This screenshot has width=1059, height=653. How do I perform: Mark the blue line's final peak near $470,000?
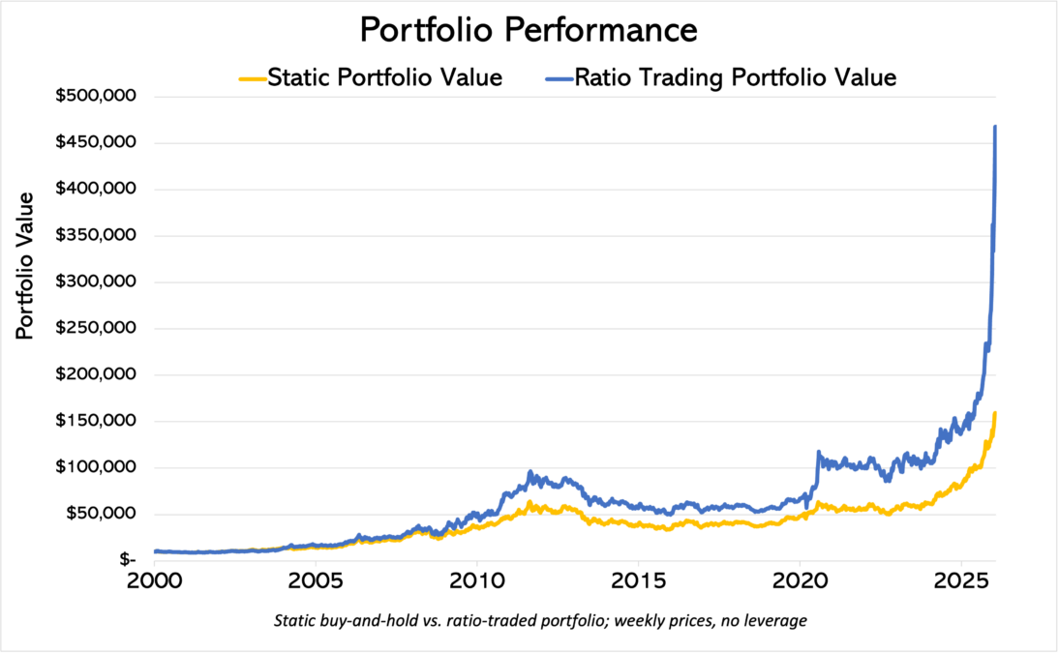point(995,127)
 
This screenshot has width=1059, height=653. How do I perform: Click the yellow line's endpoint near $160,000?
point(995,414)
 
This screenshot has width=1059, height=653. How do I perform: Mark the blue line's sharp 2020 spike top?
point(819,452)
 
